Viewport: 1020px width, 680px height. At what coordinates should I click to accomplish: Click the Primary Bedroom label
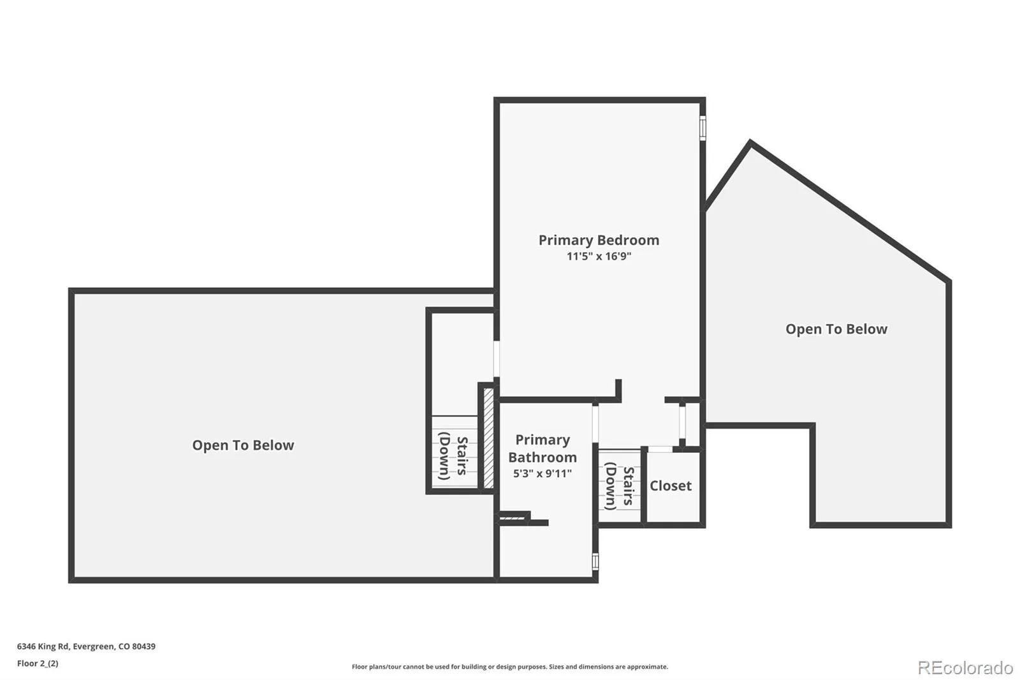coord(599,240)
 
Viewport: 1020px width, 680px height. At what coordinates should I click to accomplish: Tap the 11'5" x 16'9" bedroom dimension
coord(599,256)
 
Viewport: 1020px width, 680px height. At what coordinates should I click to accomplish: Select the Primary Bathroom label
coord(543,448)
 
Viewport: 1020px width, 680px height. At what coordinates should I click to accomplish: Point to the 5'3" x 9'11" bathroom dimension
coord(543,473)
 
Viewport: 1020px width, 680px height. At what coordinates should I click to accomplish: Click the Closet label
coord(670,486)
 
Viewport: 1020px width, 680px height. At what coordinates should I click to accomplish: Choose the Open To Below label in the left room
coord(243,445)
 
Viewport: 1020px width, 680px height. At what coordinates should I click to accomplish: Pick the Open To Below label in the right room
coord(836,329)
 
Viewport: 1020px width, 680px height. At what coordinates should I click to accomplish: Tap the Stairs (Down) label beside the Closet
coord(620,486)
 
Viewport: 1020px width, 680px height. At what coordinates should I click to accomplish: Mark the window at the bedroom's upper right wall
coord(703,128)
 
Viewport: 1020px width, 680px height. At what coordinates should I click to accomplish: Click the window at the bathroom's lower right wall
coord(595,561)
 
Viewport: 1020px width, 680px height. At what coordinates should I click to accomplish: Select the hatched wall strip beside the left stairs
coord(488,438)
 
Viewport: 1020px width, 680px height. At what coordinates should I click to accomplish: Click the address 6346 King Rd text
coord(43,646)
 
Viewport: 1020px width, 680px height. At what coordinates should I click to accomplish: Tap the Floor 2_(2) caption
coord(38,663)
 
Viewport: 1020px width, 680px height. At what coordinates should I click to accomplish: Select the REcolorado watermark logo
coord(965,668)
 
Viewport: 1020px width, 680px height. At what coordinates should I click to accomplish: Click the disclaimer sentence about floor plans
coord(510,667)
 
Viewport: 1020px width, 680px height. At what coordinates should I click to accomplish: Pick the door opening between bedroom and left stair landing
coord(497,358)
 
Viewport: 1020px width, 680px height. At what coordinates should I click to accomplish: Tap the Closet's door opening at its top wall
coord(660,449)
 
